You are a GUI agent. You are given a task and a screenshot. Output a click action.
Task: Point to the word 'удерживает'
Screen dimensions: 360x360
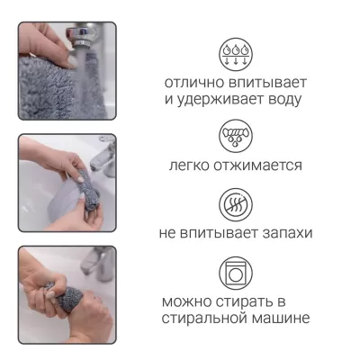point(223,100)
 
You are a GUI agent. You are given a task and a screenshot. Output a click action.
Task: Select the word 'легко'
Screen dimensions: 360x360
point(192,166)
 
